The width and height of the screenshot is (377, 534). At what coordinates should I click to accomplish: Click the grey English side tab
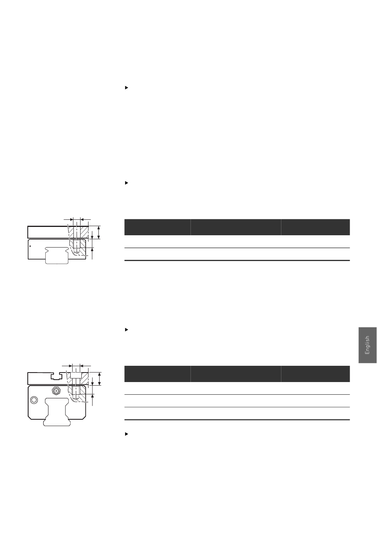tap(367, 345)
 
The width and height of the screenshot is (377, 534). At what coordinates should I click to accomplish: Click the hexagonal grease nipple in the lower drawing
tap(56, 391)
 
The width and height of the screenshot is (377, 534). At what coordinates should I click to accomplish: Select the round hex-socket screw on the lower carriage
tap(34, 400)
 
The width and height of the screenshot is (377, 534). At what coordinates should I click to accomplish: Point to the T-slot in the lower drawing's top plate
tap(56, 376)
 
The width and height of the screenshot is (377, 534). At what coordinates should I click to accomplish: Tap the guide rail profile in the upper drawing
tap(57, 255)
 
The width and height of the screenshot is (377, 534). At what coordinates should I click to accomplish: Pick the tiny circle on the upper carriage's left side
tap(30, 246)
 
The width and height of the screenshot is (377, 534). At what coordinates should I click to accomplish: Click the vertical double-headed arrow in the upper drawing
tap(99, 232)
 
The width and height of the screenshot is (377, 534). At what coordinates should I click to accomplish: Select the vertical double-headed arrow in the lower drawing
tap(100, 378)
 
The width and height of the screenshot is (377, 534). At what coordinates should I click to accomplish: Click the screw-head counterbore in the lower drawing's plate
tap(75, 375)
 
